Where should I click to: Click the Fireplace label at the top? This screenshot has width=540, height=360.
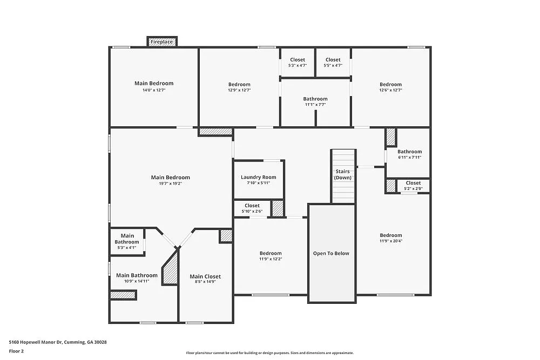tap(161, 42)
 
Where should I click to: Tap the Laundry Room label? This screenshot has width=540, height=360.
tap(258, 177)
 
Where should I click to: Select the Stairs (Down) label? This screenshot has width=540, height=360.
tap(342, 174)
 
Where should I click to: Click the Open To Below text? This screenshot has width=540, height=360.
tap(331, 253)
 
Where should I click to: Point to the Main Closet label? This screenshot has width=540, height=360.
tap(205, 276)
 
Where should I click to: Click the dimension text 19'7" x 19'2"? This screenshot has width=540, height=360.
tap(170, 184)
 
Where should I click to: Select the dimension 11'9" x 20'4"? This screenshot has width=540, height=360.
tap(390, 241)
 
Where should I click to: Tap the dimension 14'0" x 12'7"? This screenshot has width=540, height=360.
tap(154, 90)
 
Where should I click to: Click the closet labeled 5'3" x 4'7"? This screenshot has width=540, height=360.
tap(297, 63)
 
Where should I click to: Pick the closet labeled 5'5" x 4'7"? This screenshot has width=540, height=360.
tap(333, 63)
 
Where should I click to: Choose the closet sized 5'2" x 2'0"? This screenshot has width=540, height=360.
tap(413, 186)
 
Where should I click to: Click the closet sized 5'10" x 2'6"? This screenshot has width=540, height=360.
tap(252, 208)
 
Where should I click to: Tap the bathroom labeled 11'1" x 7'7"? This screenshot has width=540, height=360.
tap(315, 101)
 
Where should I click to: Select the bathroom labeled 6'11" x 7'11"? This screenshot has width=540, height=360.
tap(409, 154)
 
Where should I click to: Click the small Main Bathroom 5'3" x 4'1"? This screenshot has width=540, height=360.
tap(127, 242)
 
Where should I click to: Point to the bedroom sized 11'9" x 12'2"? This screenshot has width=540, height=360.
tap(270, 256)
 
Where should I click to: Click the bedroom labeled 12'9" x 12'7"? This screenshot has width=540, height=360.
tap(239, 87)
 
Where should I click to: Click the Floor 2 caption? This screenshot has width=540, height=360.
tap(16, 351)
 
